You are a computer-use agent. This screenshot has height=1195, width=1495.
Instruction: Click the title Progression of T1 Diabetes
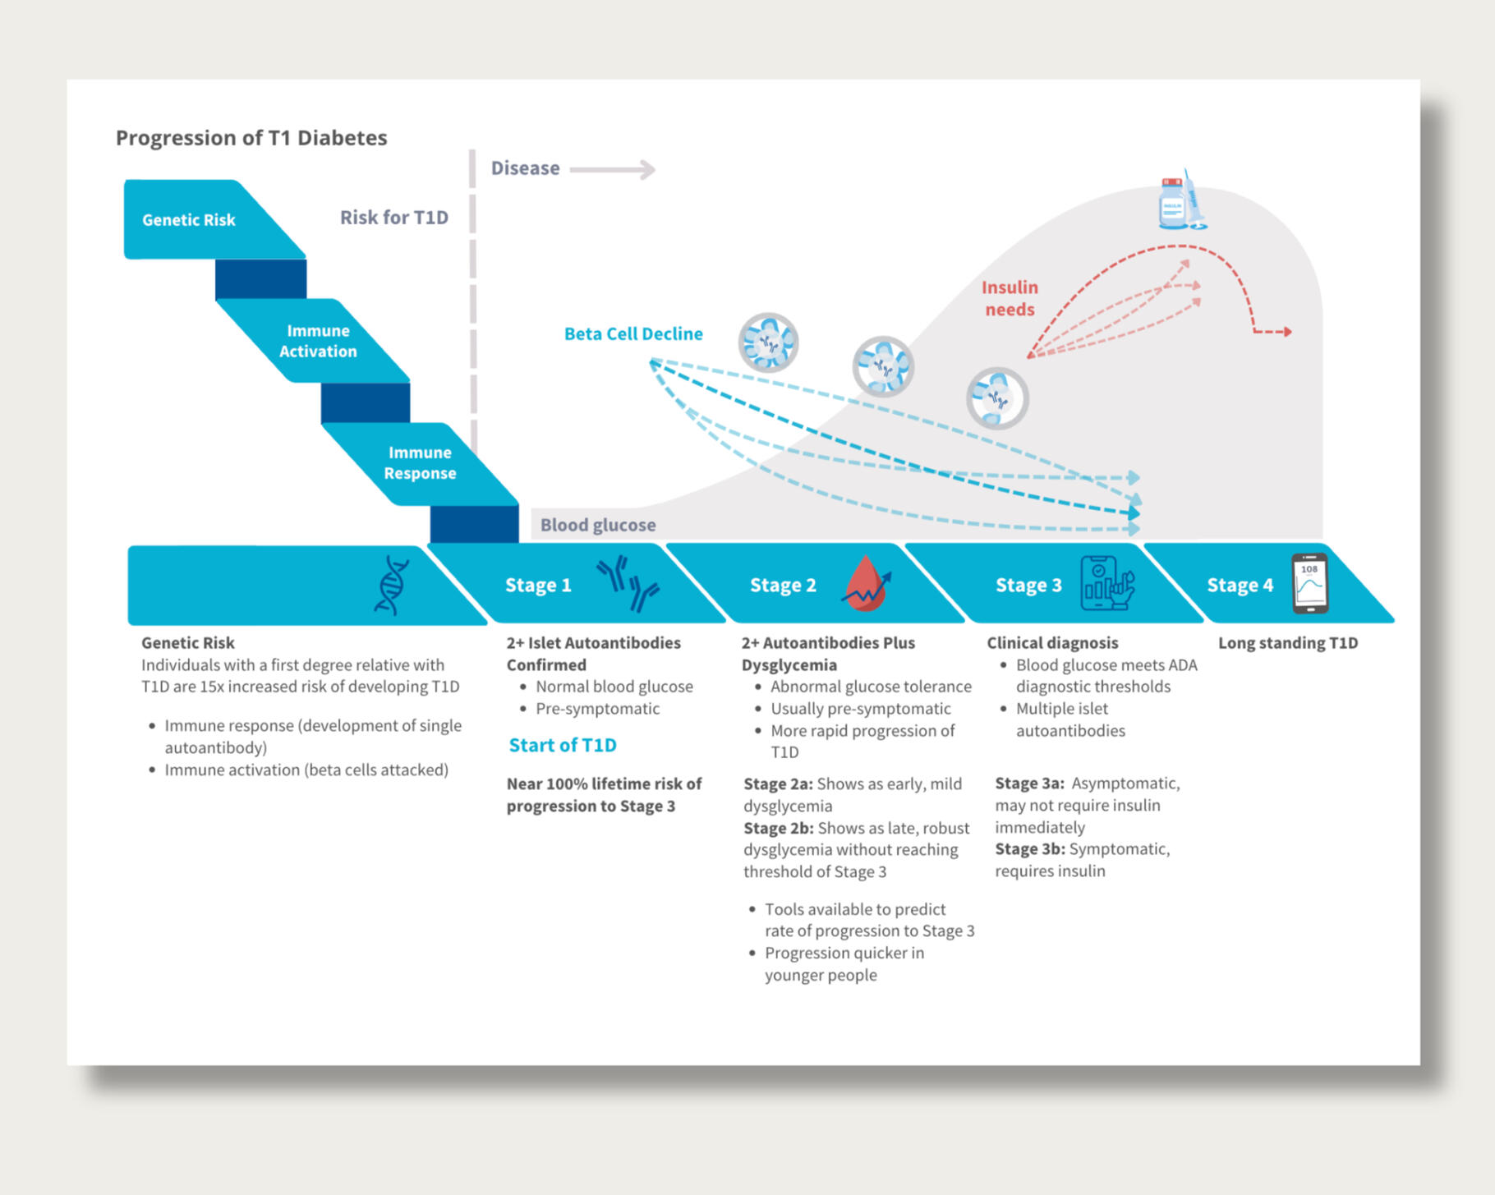coord(251,137)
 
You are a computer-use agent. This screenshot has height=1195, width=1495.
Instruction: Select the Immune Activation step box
coord(317,341)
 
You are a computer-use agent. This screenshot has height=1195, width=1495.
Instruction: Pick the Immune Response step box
coord(420,462)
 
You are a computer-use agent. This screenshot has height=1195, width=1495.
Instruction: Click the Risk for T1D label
coord(393,217)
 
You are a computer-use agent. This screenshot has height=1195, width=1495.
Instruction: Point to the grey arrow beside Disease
coord(613,169)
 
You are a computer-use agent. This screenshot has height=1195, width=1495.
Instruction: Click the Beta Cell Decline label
coord(632,333)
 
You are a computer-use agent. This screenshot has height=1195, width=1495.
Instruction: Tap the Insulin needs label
coord(1010,298)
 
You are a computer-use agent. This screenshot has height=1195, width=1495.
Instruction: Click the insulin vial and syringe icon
coord(1181,202)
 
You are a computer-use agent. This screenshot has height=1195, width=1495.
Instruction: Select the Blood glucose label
coord(597,525)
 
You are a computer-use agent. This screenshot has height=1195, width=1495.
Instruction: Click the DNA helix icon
coord(392,585)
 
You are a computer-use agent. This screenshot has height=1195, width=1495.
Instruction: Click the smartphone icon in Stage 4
coord(1309,584)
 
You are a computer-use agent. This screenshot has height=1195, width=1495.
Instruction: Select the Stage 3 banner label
coord(1028,585)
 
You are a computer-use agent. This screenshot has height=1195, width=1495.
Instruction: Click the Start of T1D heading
coord(562,745)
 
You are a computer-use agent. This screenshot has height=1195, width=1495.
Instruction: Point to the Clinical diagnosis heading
coord(1051,643)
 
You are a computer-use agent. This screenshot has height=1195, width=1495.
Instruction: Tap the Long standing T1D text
coord(1287,643)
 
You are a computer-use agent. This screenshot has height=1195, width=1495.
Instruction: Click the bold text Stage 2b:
coord(778,828)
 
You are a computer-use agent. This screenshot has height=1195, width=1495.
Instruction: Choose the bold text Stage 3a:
coord(1029,784)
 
